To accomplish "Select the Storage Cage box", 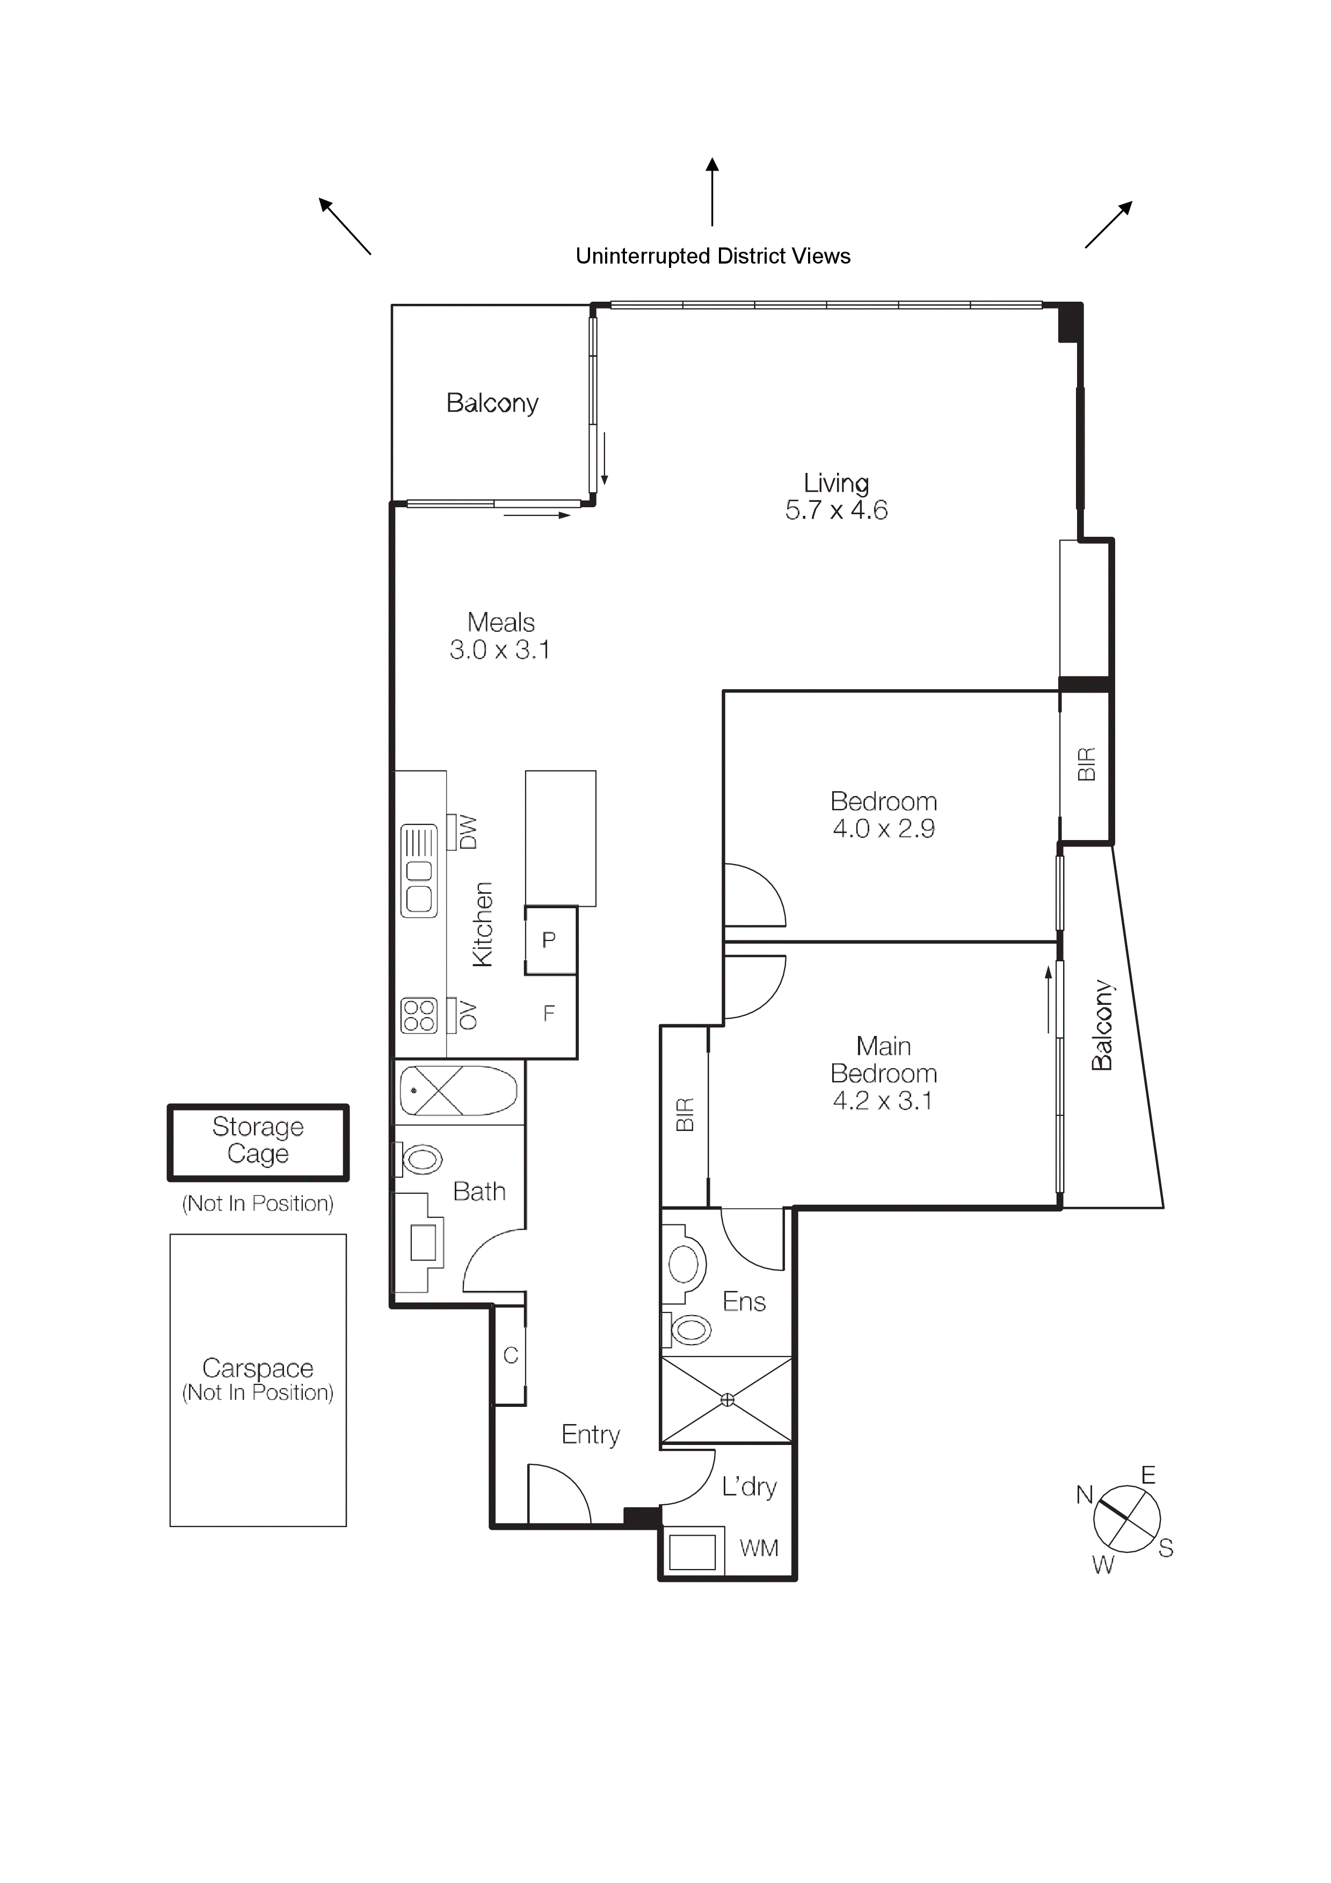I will [258, 1142].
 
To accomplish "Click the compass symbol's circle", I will [1127, 1519].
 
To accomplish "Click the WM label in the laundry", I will [759, 1549].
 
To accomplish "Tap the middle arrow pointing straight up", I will [712, 193].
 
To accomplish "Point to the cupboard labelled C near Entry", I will [510, 1356].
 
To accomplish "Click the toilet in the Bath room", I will [421, 1159].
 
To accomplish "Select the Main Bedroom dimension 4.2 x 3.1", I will [883, 1100].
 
